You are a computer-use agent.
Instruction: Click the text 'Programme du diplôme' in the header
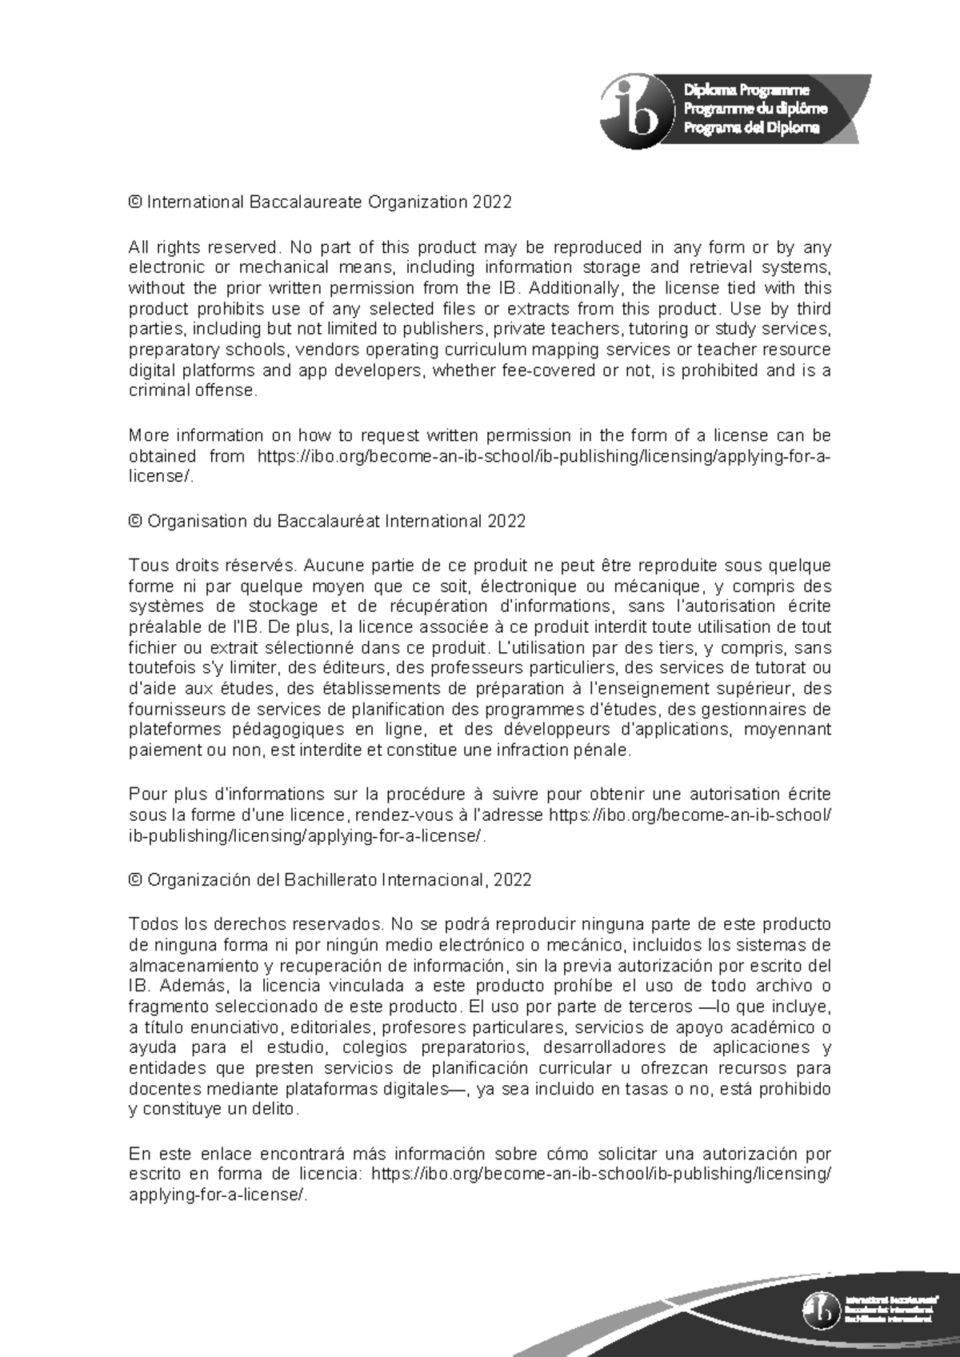click(x=754, y=109)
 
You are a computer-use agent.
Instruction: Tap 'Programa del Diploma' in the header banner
click(x=751, y=128)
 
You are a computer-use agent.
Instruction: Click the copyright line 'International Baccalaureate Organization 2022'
click(x=328, y=202)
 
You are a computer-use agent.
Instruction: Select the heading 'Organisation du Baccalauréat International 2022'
click(x=336, y=521)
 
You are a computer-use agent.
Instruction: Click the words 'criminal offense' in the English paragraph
click(x=193, y=390)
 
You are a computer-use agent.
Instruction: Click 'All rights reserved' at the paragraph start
click(x=203, y=247)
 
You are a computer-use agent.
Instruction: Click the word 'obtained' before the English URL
click(x=162, y=456)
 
